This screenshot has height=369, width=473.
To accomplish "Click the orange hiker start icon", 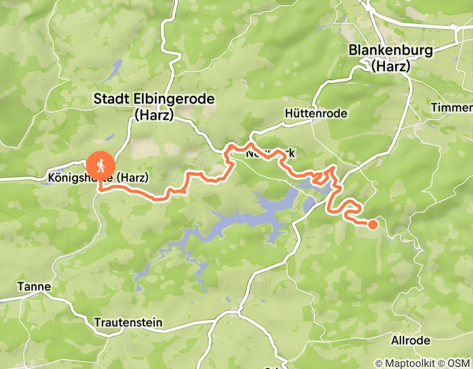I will coord(101,166).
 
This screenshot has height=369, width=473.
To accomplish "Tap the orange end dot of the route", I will coord(372,225).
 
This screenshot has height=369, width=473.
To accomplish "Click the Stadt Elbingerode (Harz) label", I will coord(154,106).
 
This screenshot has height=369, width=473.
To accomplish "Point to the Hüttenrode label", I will coord(316,113).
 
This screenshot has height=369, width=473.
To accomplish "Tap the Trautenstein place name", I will coord(128,322).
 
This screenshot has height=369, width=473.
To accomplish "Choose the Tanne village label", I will coord(34,287).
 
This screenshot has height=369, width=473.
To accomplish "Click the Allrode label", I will coord(411,341).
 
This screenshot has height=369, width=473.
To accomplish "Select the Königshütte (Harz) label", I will coord(97,177).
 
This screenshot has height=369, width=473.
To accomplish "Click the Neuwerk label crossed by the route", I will coord(270,154).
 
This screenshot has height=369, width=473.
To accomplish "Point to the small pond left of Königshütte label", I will coord(58,171).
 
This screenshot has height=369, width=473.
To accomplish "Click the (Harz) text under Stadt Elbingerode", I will coord(154,114).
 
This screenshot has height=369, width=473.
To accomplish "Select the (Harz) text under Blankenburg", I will coord(391,66).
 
